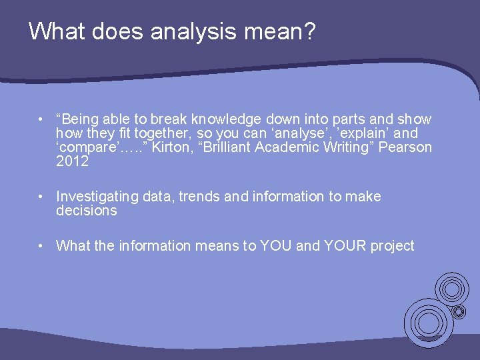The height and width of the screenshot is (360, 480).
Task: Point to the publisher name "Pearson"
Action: tap(405, 147)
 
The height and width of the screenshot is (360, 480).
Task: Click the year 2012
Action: tap(72, 161)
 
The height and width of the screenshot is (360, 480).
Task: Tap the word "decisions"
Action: tap(87, 211)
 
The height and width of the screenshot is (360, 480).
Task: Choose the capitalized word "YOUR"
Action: tap(346, 246)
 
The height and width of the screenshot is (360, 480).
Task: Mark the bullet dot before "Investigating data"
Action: tap(41, 197)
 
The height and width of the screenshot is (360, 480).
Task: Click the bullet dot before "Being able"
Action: tap(41, 119)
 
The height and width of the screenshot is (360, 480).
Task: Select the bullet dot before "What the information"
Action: tap(41, 246)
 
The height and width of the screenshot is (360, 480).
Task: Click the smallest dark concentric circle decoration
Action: tap(459, 311)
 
